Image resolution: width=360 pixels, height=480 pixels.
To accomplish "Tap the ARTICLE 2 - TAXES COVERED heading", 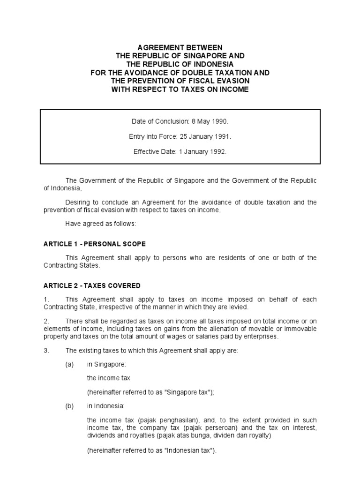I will point(92,285).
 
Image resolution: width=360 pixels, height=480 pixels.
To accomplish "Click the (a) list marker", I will point(70,364).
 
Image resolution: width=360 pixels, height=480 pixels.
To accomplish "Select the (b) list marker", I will point(70,406).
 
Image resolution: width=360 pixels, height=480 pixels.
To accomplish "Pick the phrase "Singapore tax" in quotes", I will point(187,392).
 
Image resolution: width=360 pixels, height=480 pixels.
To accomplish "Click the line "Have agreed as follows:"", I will point(100,224).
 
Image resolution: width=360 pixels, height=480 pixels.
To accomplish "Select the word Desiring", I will point(78,202).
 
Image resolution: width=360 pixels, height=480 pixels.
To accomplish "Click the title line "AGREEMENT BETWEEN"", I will point(180,47).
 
